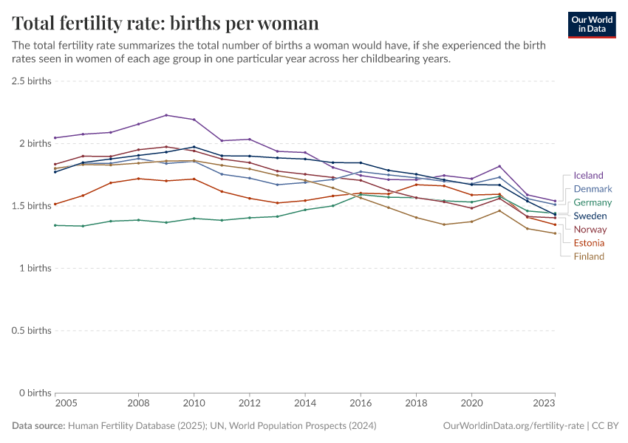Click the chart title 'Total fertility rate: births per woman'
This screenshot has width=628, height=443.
coord(165,24)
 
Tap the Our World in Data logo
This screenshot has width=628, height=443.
coord(592,24)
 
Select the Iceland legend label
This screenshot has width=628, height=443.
coord(588,176)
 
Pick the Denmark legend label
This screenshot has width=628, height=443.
coord(593,189)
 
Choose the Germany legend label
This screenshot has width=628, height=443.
coord(593,202)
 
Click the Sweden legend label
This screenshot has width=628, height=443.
coord(590,216)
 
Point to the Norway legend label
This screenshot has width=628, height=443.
coord(590,230)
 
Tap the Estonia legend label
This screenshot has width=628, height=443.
coord(589,243)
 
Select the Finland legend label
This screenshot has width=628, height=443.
coord(589,256)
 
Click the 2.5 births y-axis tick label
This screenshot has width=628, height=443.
coord(32,81)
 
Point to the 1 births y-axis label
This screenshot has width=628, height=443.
coord(35,268)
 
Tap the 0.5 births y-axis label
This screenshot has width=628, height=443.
coord(32,330)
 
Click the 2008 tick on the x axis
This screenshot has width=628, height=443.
coord(138,404)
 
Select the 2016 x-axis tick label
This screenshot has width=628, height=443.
coord(361,404)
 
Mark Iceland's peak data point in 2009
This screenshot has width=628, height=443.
coord(166,115)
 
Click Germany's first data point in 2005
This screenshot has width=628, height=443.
coord(55,225)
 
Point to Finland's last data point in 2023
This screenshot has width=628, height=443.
coord(555,233)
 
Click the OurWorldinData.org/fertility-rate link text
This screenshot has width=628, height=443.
coord(511,426)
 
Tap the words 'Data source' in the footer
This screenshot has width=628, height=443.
coord(38,426)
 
